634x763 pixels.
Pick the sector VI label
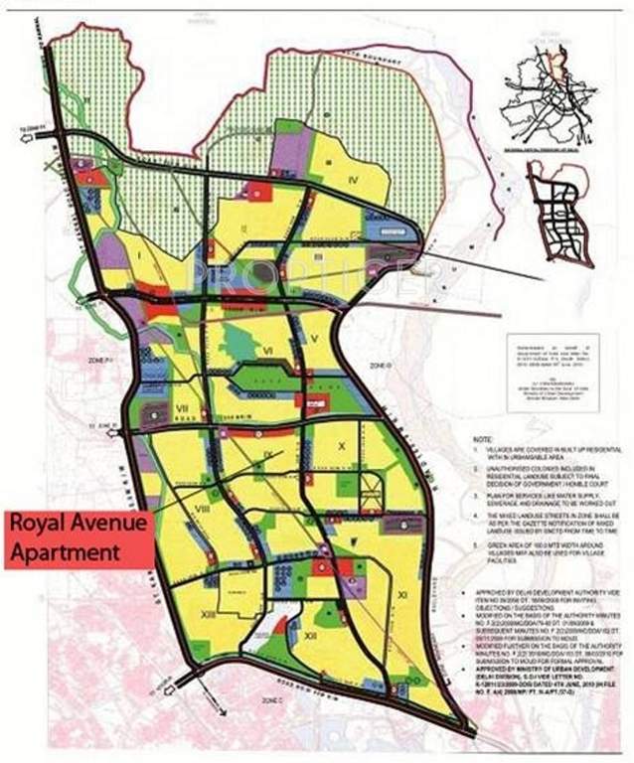click(x=268, y=351)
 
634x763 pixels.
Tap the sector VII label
click(x=182, y=408)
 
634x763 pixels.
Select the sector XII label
click(x=310, y=634)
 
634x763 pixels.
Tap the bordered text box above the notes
click(x=552, y=358)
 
